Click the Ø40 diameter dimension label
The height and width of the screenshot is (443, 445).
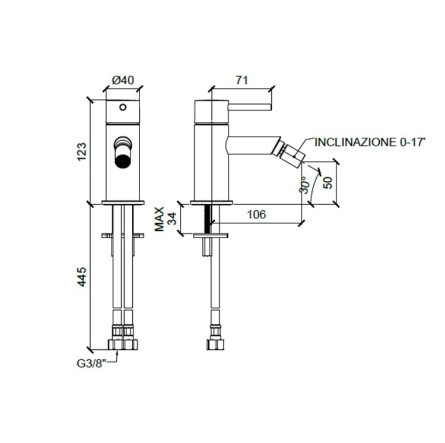click(x=123, y=80)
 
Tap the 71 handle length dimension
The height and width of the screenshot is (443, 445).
click(x=242, y=80)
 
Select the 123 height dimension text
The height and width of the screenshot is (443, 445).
click(x=82, y=152)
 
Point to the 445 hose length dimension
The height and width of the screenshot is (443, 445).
click(x=82, y=276)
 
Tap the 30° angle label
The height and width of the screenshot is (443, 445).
click(x=304, y=185)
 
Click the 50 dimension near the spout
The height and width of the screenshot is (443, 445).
click(x=328, y=182)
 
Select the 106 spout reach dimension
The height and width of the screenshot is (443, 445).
click(x=256, y=214)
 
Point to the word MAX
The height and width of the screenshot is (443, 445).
click(x=160, y=219)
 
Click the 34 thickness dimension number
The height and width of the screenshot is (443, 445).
click(x=172, y=219)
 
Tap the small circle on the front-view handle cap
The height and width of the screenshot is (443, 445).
click(x=123, y=107)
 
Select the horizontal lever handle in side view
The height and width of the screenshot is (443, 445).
click(x=250, y=107)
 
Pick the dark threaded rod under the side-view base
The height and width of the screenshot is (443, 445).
click(x=208, y=219)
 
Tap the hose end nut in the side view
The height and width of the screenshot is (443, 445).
click(x=215, y=344)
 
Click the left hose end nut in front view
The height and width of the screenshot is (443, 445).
click(x=116, y=344)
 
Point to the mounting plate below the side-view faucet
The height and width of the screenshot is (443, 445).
click(x=211, y=236)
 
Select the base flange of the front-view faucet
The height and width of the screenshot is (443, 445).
click(x=123, y=202)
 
